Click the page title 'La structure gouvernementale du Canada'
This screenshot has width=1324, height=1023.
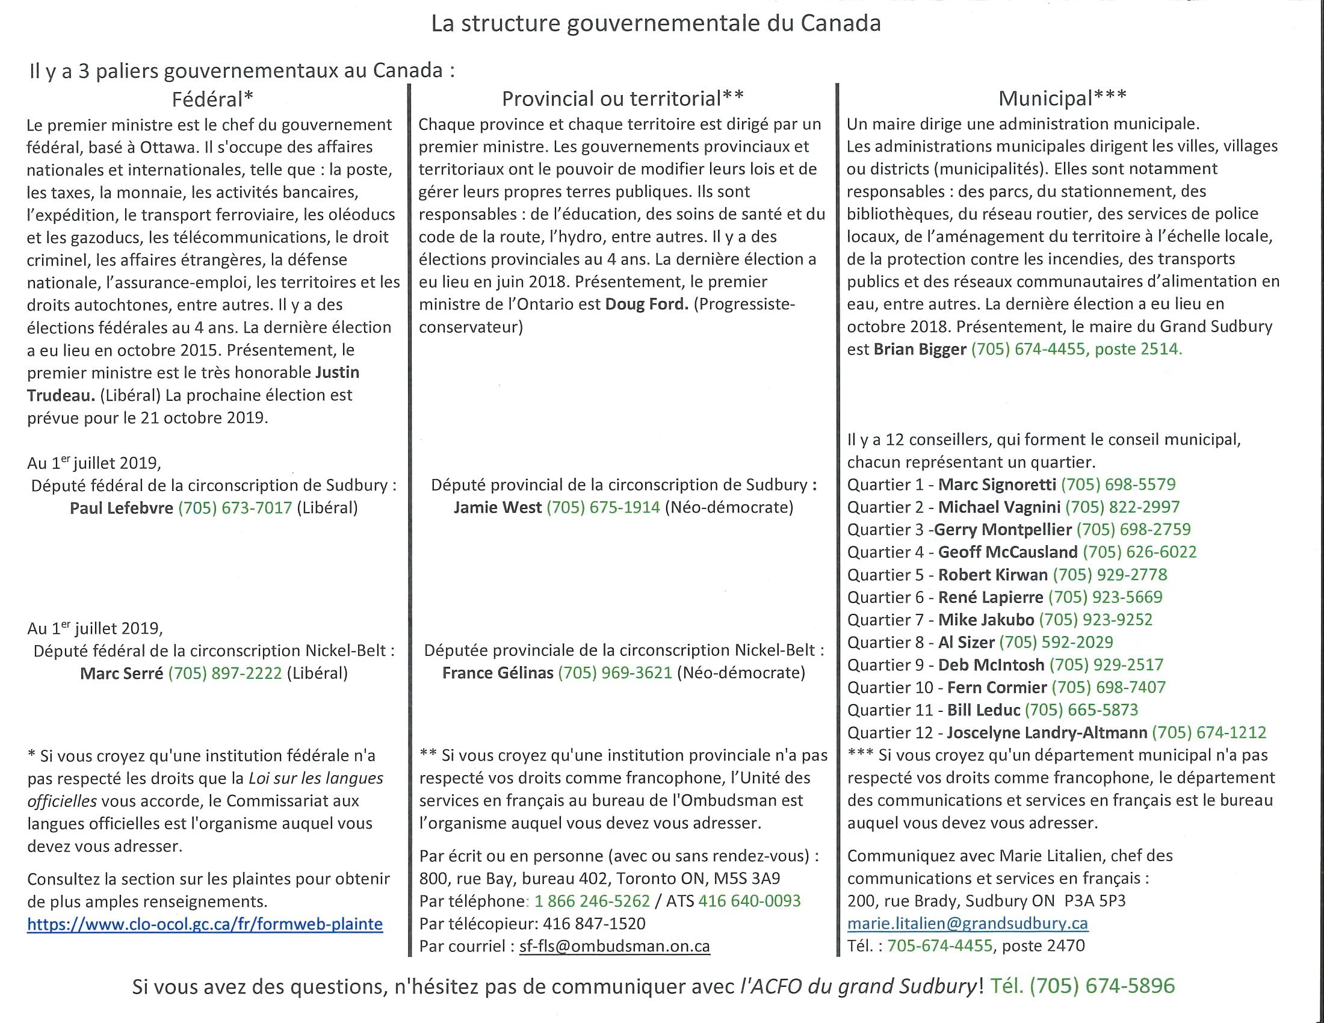pos(656,23)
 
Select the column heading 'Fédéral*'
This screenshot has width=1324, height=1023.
pos(212,99)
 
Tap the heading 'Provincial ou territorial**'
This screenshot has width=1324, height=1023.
pos(623,98)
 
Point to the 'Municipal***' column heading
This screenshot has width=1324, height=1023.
pos(1062,97)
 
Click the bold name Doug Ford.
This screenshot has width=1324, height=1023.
pos(646,304)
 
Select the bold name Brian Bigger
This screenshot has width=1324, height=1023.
pos(920,349)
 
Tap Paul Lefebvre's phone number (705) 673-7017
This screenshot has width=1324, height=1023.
pos(235,508)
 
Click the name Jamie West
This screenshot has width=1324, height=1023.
pos(497,507)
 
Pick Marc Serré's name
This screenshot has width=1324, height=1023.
pos(121,673)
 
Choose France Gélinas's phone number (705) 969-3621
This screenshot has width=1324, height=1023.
pos(614,673)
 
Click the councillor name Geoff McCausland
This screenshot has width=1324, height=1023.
pos(1007,552)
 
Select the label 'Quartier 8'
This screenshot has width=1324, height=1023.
pos(885,643)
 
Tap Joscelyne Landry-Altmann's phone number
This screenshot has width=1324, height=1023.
pos(1209,733)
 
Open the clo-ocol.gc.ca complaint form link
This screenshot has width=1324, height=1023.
pos(205,924)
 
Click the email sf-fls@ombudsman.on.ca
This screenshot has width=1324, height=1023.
pos(614,947)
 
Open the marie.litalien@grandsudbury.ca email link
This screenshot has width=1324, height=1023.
pos(967,924)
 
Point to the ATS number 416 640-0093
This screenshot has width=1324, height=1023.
pos(749,901)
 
